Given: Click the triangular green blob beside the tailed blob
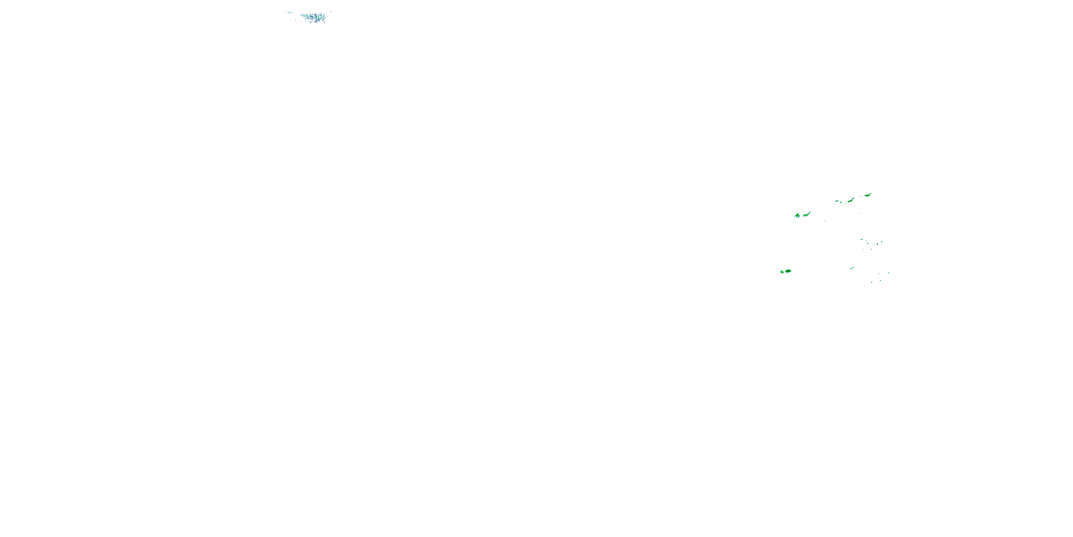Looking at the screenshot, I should click(797, 216).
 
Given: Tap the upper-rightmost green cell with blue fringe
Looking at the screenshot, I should click(868, 195).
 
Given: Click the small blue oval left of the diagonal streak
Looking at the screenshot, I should click(836, 203).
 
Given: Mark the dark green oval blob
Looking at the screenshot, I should click(788, 271).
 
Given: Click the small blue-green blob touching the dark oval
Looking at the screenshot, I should click(782, 271).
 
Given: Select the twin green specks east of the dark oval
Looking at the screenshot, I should click(852, 268).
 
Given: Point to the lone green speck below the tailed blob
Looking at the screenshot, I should click(825, 221).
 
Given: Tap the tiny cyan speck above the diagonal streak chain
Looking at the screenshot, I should click(837, 189).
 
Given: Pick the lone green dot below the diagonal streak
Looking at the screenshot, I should click(860, 213).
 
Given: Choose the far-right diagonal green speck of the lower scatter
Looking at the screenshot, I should click(888, 273).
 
